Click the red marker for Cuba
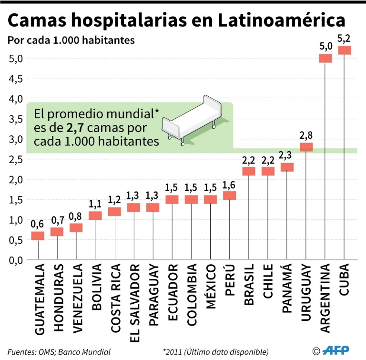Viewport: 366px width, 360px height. coord(344,51)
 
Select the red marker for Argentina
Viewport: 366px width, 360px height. coord(325,59)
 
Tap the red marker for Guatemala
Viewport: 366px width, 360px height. coord(38,236)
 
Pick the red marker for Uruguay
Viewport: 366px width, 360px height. coord(305,147)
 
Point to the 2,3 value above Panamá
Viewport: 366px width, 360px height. coord(287,156)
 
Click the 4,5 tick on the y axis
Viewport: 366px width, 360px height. coord(16,79)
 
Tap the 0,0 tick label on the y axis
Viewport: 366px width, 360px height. coord(16,260)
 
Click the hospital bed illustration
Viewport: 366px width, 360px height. coord(191,119)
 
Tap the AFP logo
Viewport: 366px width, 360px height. coord(336,351)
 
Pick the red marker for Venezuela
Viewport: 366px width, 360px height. coord(76,227)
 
